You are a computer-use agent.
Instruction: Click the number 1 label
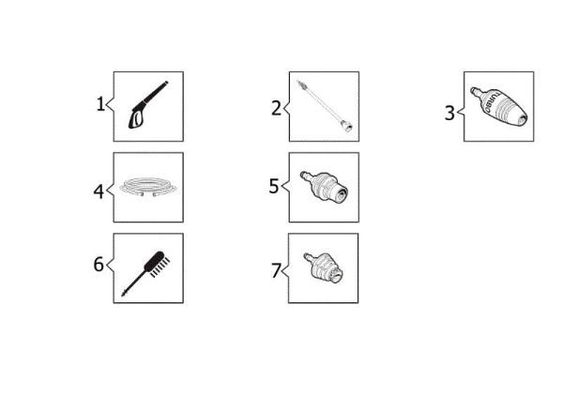point(101,104)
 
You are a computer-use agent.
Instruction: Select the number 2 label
point(276,108)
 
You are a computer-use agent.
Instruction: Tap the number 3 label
point(449,113)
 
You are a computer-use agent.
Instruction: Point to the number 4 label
point(99,191)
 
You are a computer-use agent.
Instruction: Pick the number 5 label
point(274,186)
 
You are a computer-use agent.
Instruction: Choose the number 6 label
point(99,265)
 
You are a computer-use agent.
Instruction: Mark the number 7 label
point(276,270)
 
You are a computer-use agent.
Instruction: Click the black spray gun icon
point(148,104)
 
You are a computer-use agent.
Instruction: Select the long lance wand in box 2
point(325,106)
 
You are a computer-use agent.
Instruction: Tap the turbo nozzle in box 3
point(499,106)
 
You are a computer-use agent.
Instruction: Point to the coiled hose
point(148,187)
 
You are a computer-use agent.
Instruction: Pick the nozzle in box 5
point(324,186)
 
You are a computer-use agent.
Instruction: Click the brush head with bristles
point(158,263)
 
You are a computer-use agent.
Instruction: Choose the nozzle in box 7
point(323,267)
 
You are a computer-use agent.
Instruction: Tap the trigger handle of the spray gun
point(136,118)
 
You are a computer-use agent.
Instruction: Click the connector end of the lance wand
point(346,126)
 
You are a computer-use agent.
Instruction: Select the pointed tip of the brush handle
point(123,295)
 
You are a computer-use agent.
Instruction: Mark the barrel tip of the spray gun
point(166,83)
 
